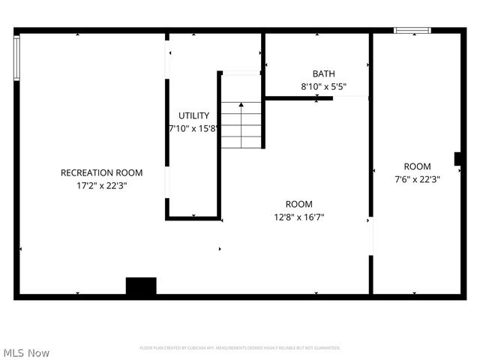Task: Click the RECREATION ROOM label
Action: click(101, 172)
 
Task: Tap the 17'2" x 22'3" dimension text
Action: click(101, 185)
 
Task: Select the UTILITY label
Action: click(193, 115)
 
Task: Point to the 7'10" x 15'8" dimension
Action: click(193, 128)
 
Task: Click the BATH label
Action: click(324, 73)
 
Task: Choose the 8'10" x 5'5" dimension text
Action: click(324, 86)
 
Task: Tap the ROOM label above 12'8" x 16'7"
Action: click(299, 204)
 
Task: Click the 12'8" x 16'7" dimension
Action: click(299, 217)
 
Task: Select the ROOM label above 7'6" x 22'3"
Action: click(417, 166)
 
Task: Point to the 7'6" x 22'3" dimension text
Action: click(417, 179)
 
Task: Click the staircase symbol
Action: click(241, 124)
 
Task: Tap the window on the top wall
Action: click(412, 31)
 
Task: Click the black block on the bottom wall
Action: click(141, 286)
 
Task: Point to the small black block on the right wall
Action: click(457, 158)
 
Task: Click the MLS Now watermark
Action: click(26, 352)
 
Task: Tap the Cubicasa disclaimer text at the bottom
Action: click(240, 348)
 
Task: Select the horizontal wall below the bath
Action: click(298, 97)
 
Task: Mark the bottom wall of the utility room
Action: click(193, 218)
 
